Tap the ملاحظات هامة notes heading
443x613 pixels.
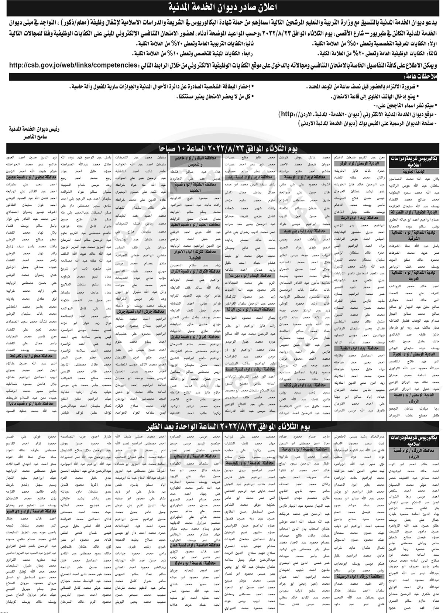pyautogui.click(x=417, y=77)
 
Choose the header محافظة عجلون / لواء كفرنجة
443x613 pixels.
pyautogui.click(x=32, y=356)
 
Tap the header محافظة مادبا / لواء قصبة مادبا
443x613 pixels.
pyautogui.click(x=32, y=404)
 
